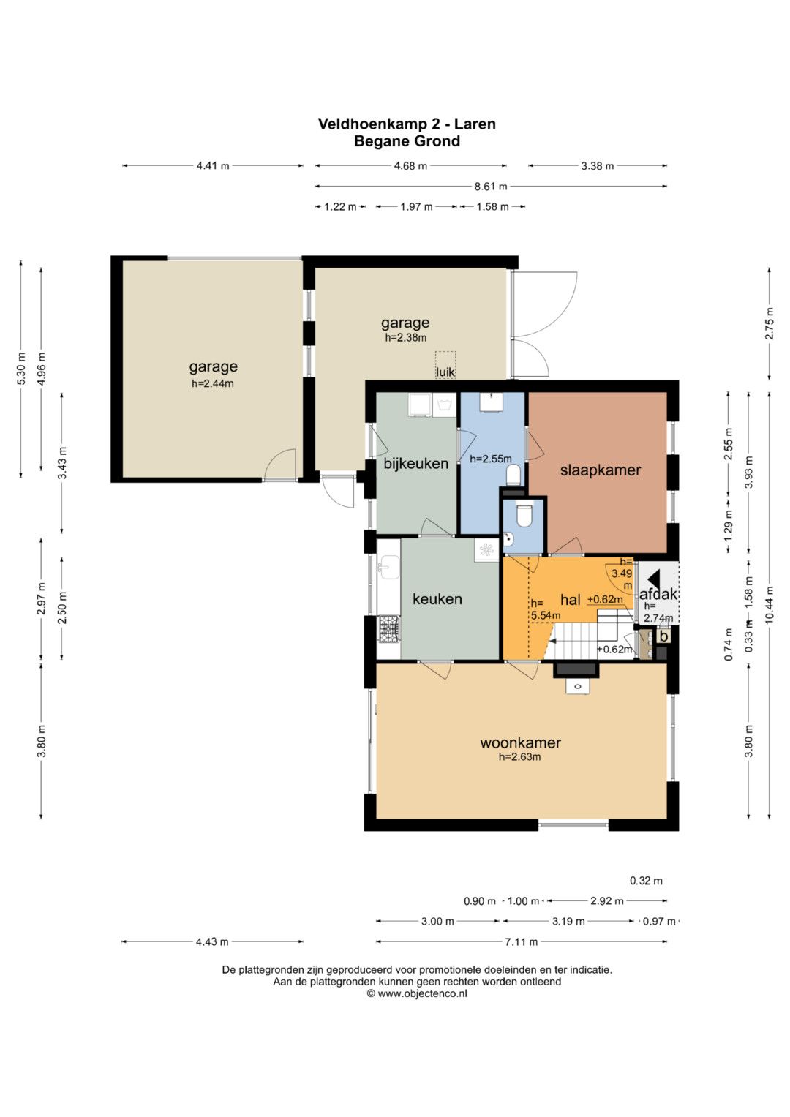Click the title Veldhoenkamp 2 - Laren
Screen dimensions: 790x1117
tap(407, 124)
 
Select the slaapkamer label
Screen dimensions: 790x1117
tap(600, 470)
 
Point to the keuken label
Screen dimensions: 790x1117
tap(437, 599)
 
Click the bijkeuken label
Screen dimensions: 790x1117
tap(416, 464)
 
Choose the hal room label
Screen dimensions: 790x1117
tap(570, 599)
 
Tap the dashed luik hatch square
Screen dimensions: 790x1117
tap(445, 364)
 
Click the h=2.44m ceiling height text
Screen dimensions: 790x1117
tap(213, 383)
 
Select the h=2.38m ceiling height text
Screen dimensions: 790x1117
tap(405, 338)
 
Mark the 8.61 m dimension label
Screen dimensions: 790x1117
tap(490, 187)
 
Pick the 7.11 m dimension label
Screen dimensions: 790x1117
tap(521, 942)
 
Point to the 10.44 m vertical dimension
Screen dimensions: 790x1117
tap(769, 603)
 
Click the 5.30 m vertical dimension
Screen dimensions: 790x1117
tap(21, 368)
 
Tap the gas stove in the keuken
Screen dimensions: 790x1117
tap(389, 629)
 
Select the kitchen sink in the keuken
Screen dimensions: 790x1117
tap(388, 567)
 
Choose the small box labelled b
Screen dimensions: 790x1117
tap(663, 637)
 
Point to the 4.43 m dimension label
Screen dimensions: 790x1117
tap(212, 942)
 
